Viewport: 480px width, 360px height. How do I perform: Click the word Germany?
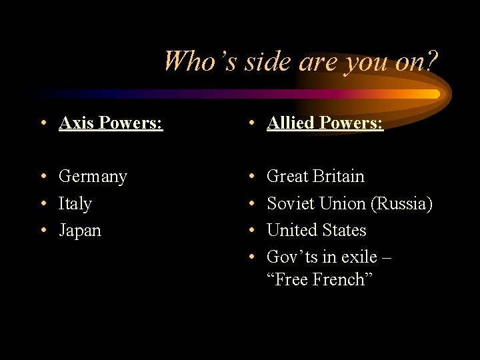[93, 177]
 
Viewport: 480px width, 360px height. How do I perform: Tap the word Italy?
[75, 203]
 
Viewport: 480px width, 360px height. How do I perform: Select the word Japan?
[80, 231]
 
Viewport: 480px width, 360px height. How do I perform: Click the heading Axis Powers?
[111, 123]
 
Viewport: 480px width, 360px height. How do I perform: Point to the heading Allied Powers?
[325, 123]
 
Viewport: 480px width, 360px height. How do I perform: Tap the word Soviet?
[291, 203]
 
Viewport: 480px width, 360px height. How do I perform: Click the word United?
[291, 230]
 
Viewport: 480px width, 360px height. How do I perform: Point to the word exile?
[361, 257]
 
